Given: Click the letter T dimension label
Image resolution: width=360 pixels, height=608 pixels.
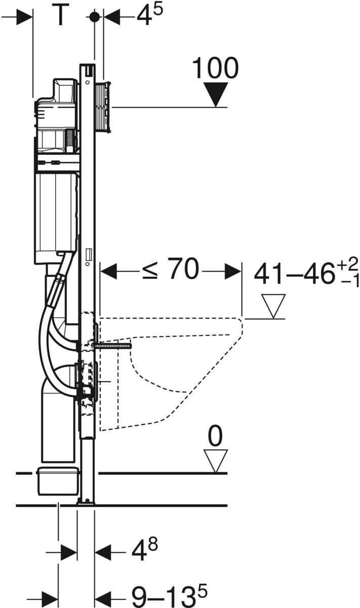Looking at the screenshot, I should coord(60,16).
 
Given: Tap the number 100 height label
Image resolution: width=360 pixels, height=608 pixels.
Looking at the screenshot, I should coord(215,68).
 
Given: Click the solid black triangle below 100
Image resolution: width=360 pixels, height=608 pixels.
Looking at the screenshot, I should coord(217,95).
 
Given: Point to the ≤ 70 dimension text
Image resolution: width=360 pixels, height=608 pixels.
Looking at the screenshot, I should coord(171,270).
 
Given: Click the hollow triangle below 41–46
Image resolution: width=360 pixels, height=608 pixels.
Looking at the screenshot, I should coord(273,306).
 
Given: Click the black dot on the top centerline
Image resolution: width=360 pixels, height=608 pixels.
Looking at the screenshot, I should coord(94,16).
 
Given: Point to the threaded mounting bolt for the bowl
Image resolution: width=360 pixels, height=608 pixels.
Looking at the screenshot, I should coord(114,346).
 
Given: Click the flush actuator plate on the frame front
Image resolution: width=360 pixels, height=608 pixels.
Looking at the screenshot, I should coord(106,107).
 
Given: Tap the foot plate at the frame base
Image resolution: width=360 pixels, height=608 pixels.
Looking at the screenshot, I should coord(86,502).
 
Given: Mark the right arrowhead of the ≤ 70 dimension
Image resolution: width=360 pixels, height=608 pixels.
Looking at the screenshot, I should coord(233,271).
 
